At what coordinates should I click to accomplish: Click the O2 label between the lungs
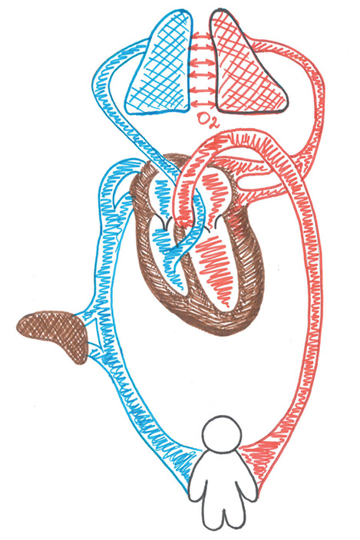coord(206,120)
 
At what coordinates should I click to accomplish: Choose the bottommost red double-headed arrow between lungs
coord(203,103)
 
